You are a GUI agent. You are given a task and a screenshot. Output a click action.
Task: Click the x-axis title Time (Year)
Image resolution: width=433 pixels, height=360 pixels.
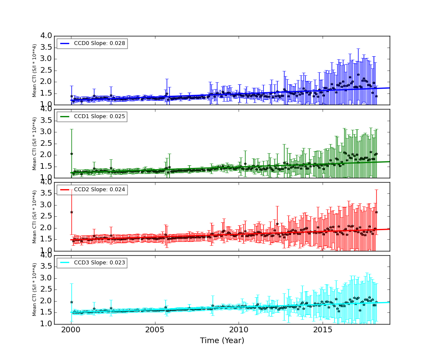[x=222, y=341]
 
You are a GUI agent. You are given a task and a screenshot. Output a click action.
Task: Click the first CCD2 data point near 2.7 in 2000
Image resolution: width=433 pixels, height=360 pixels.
[x=71, y=212]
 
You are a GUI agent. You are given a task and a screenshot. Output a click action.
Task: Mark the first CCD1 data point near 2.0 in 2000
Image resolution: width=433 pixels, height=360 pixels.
[x=71, y=154]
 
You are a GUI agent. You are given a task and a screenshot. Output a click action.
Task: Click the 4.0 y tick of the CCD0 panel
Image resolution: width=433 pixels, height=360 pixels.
[x=46, y=36]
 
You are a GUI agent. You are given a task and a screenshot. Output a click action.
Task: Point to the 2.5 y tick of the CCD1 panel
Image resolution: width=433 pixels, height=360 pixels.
[x=46, y=143]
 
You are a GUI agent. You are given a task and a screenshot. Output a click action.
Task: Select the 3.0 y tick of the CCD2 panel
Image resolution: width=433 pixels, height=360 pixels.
[x=46, y=205]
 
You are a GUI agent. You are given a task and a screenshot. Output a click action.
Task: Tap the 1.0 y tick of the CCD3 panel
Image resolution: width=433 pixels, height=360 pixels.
[x=46, y=324]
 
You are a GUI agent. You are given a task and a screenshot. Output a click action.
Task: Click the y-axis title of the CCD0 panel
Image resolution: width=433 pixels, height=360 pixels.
[x=35, y=70]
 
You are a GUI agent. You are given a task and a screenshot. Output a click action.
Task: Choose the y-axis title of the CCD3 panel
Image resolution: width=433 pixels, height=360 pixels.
[x=35, y=289]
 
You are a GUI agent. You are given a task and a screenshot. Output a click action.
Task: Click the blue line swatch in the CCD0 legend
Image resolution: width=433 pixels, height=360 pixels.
[x=65, y=43]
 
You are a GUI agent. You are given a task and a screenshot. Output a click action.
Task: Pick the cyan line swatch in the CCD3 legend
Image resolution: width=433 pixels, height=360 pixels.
[x=65, y=263]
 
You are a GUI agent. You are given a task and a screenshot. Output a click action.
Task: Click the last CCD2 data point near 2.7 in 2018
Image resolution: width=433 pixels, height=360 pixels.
[x=376, y=212]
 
